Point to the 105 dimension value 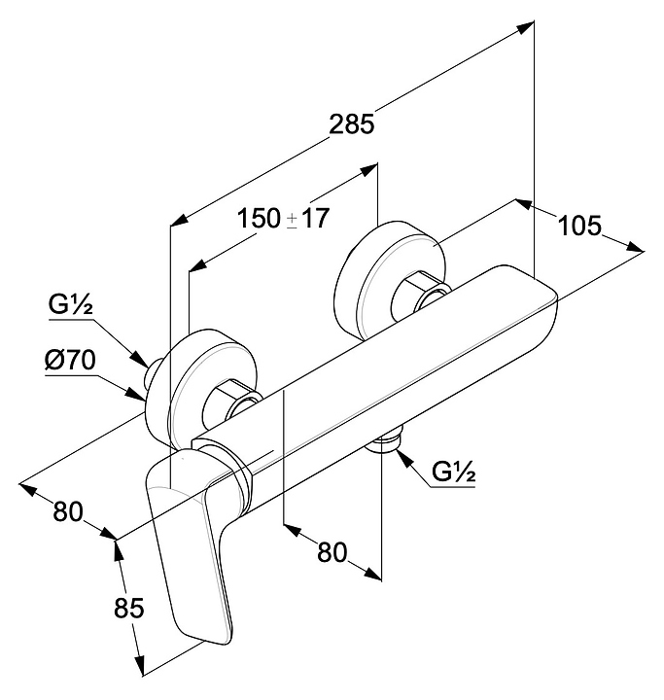tap(580, 226)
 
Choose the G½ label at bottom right tap(453, 473)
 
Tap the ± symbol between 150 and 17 tap(293, 221)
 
